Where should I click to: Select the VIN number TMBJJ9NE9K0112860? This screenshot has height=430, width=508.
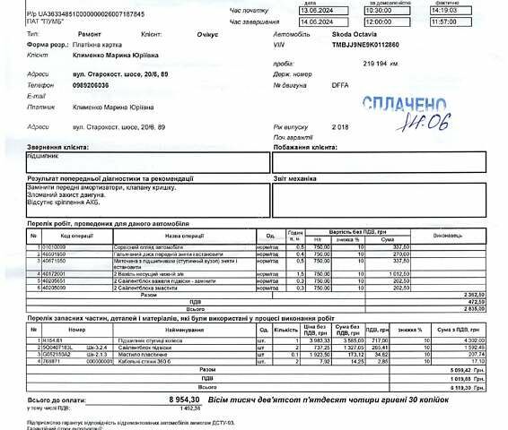(365, 43)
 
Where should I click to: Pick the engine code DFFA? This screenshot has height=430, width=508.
(340, 86)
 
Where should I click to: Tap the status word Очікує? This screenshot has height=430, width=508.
(207, 32)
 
